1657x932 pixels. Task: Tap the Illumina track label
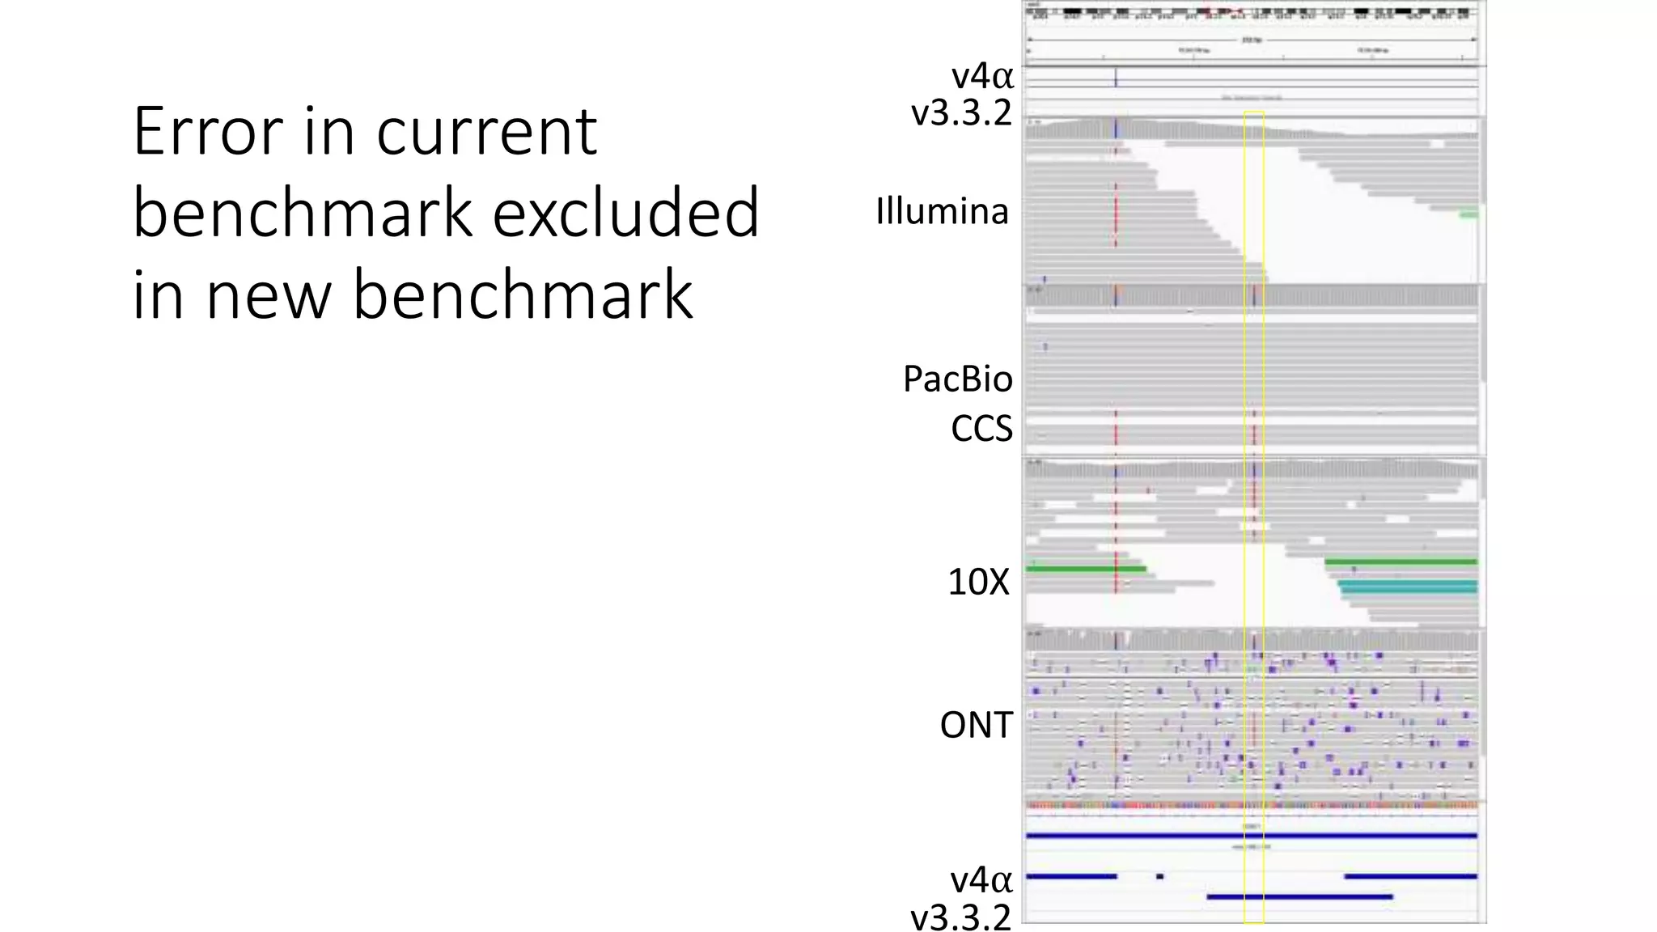[942, 212]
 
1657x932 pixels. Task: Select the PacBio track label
[957, 379]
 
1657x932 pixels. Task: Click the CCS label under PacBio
[981, 429]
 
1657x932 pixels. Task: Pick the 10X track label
[978, 582]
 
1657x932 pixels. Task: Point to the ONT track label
[976, 725]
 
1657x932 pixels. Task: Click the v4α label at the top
[982, 77]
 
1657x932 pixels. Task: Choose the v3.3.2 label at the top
[961, 112]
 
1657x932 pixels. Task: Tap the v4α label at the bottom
[981, 879]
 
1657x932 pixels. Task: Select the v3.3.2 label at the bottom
[960, 917]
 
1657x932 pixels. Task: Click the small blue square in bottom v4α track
[1159, 876]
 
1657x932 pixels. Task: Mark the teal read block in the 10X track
[1408, 587]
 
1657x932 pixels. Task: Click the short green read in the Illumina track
[1468, 214]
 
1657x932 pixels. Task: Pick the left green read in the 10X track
[1086, 569]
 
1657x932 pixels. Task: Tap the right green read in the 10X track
[1401, 561]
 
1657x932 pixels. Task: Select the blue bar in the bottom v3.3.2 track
[1299, 896]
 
